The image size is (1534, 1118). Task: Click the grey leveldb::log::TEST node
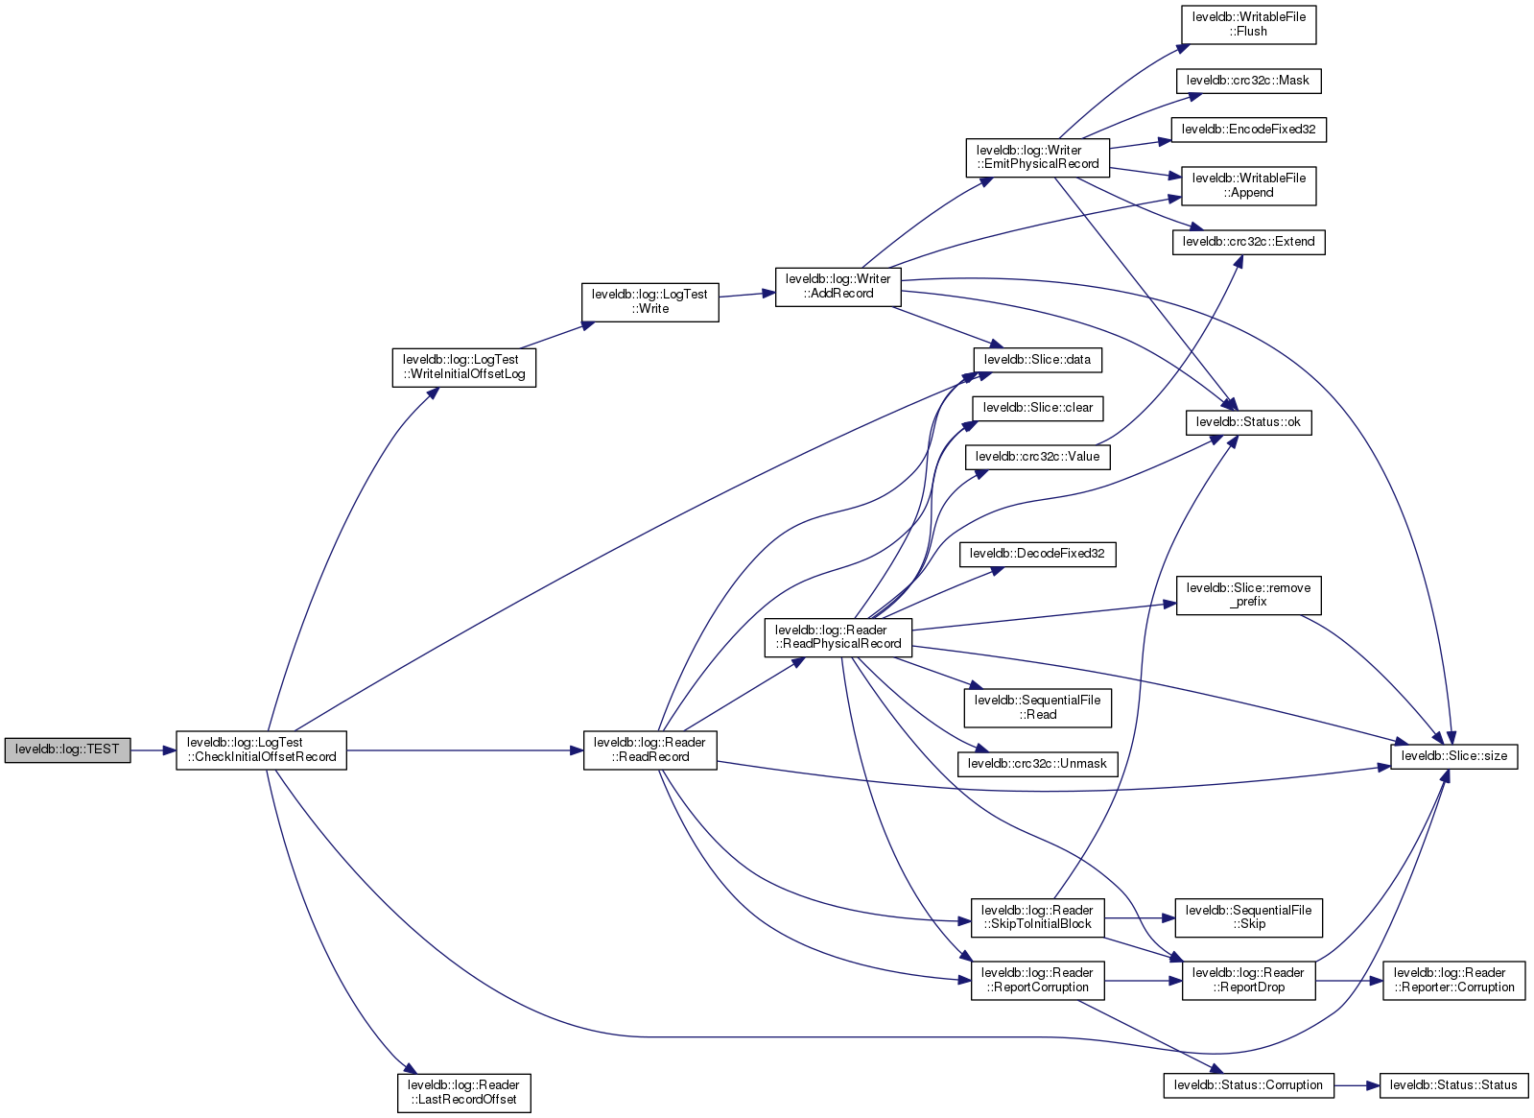pyautogui.click(x=67, y=749)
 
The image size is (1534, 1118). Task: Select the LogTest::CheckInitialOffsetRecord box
pyautogui.click(x=261, y=749)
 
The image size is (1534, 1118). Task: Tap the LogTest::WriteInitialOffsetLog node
pyautogui.click(x=464, y=367)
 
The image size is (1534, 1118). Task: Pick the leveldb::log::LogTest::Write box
pyautogui.click(x=649, y=301)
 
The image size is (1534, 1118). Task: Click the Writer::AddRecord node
pyautogui.click(x=838, y=286)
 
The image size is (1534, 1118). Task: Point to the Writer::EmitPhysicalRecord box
pyautogui.click(x=1037, y=157)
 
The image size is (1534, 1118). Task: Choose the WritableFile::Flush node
pyautogui.click(x=1248, y=24)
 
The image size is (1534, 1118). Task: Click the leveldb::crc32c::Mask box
pyautogui.click(x=1248, y=81)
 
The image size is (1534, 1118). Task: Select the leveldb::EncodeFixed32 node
pyautogui.click(x=1248, y=130)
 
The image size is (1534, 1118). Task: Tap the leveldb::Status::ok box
pyautogui.click(x=1248, y=422)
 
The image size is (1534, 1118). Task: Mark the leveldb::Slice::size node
pyautogui.click(x=1453, y=756)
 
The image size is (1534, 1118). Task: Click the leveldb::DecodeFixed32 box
pyautogui.click(x=1037, y=554)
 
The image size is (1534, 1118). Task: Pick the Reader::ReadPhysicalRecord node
pyautogui.click(x=838, y=637)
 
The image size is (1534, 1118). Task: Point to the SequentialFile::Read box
pyautogui.click(x=1037, y=707)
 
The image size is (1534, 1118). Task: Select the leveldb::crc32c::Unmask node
pyautogui.click(x=1037, y=764)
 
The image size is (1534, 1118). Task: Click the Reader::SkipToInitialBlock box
pyautogui.click(x=1037, y=917)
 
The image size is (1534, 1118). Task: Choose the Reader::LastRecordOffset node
pyautogui.click(x=463, y=1092)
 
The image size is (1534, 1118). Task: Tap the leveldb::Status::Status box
pyautogui.click(x=1453, y=1085)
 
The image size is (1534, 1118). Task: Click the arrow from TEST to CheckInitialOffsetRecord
pyautogui.click(x=153, y=749)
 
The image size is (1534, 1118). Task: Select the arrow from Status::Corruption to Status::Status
pyautogui.click(x=1356, y=1085)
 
